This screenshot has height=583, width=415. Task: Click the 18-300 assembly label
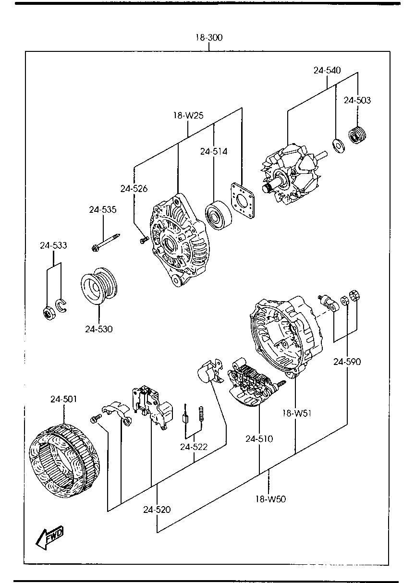209,37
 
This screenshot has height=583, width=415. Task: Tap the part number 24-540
327,70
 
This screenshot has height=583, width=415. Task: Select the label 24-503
357,100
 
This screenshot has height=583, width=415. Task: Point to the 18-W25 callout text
188,115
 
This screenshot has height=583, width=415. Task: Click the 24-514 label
214,151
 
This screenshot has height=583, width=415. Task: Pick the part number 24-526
134,188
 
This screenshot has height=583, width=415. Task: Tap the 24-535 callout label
103,209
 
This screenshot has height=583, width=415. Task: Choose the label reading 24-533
53,245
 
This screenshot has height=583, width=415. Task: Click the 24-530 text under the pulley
99,329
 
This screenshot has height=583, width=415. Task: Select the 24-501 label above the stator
64,399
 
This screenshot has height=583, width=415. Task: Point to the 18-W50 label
271,499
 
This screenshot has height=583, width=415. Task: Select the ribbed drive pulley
99,286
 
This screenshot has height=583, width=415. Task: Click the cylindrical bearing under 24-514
218,215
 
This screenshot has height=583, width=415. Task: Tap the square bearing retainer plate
243,200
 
